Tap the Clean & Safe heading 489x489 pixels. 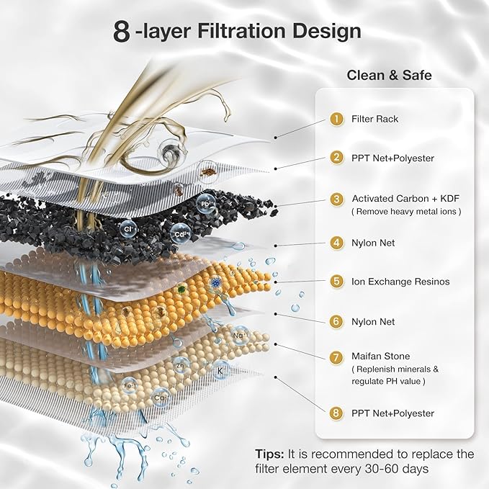pyautogui.click(x=394, y=74)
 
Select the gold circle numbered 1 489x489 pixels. pyautogui.click(x=336, y=119)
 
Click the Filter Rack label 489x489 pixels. pyautogui.click(x=374, y=119)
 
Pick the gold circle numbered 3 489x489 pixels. pyautogui.click(x=336, y=199)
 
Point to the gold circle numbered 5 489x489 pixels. pyautogui.click(x=336, y=282)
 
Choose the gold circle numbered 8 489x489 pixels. pyautogui.click(x=336, y=413)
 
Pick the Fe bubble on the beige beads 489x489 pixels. pyautogui.click(x=130, y=385)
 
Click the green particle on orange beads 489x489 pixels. pyautogui.click(x=183, y=291)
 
